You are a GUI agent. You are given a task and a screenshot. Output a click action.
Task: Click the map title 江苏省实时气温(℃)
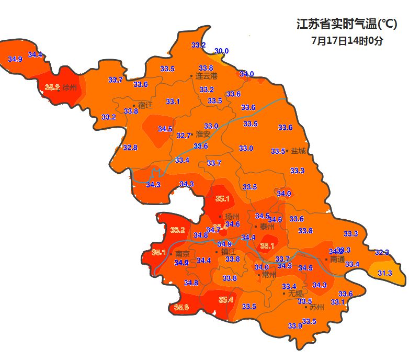(x=347, y=24)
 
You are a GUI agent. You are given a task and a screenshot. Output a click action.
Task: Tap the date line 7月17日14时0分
(x=347, y=40)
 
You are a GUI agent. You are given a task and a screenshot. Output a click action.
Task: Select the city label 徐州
(x=70, y=87)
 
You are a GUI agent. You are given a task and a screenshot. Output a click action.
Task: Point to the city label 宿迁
(x=145, y=105)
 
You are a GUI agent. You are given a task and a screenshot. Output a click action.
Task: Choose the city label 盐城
(x=298, y=151)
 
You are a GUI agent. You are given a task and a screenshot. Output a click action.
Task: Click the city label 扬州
(x=232, y=217)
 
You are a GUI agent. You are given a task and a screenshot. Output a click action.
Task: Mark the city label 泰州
(x=267, y=227)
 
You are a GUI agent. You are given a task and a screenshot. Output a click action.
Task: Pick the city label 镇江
(x=229, y=251)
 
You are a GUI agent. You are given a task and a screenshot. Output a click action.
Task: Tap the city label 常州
(x=269, y=275)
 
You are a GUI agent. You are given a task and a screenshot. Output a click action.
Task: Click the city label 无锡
(x=296, y=293)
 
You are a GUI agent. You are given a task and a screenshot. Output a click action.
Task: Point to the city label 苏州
(x=317, y=307)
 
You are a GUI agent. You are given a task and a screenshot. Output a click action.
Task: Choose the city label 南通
(x=338, y=259)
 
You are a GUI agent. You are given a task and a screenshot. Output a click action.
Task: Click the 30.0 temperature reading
(x=222, y=51)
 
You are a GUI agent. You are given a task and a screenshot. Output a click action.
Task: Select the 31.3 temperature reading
(x=385, y=273)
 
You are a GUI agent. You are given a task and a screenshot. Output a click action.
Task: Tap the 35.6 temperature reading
(x=181, y=307)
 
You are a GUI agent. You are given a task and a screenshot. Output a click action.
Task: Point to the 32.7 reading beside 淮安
(x=183, y=136)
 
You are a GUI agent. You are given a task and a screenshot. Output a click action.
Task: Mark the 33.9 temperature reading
(x=295, y=326)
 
